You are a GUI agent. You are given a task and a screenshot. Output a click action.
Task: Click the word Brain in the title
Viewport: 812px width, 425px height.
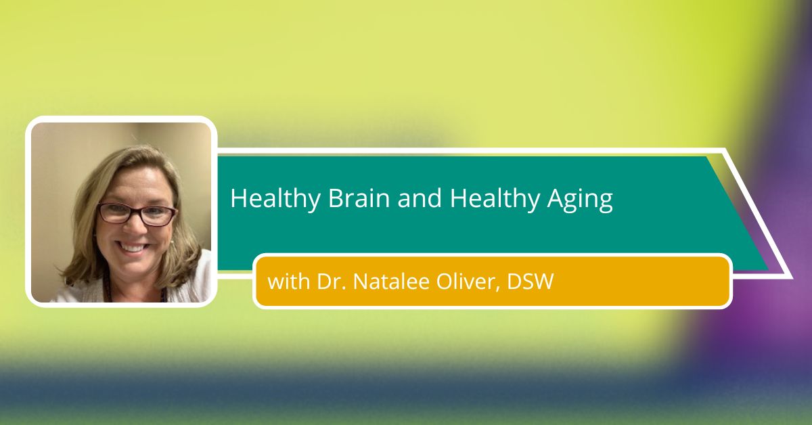(x=359, y=198)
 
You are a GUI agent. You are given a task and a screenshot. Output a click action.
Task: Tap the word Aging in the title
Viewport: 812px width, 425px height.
(x=580, y=200)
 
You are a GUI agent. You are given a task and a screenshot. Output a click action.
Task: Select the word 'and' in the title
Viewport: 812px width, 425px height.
(x=420, y=198)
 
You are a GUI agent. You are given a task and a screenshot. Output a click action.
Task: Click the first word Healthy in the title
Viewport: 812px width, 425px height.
(x=275, y=200)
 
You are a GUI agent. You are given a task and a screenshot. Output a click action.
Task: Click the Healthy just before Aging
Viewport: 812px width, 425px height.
(x=495, y=200)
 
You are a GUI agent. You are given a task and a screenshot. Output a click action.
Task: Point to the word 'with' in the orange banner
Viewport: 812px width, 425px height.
(x=288, y=282)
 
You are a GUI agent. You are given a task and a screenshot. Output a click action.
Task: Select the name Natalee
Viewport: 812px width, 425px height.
(x=391, y=282)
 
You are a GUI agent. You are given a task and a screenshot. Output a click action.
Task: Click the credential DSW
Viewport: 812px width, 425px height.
(x=531, y=282)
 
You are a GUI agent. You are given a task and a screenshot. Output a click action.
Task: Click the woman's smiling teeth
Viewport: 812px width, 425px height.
(x=133, y=248)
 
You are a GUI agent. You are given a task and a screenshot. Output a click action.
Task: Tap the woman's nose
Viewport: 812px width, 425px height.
(x=133, y=227)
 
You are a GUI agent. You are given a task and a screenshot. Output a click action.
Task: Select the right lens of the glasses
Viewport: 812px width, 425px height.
(x=158, y=216)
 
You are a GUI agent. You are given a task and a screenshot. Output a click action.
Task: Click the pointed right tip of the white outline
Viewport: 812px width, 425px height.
(x=792, y=278)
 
